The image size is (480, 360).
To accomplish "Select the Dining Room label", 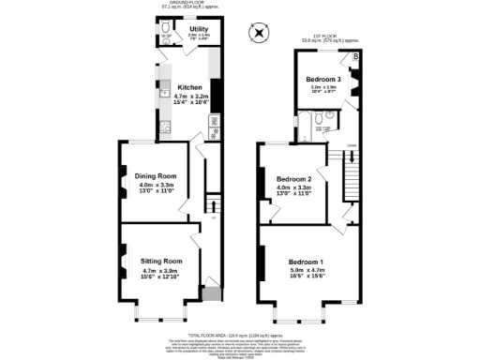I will point(156,175).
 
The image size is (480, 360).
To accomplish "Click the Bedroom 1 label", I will point(306,261).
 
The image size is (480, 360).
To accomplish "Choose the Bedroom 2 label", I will point(293,178).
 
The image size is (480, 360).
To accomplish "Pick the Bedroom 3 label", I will point(322,79).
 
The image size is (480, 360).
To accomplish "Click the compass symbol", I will point(259,34).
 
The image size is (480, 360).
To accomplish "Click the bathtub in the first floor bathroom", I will point(298,125).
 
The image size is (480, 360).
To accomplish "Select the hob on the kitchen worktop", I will point(214,120).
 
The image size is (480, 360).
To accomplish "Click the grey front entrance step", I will point(213,295).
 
